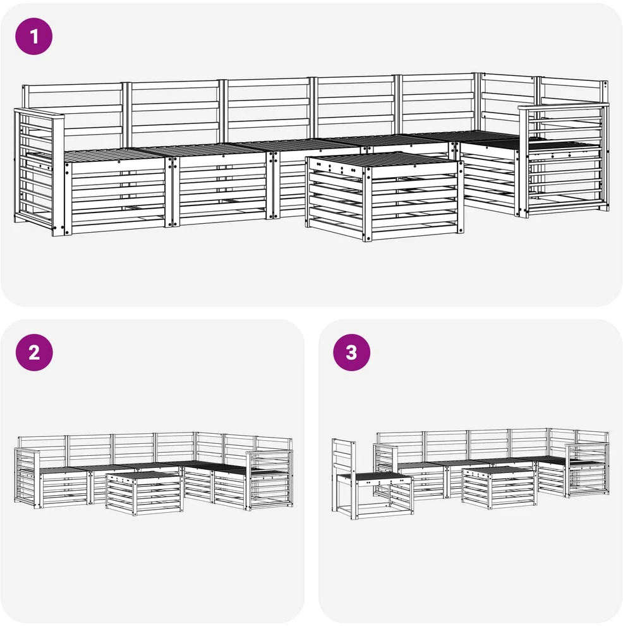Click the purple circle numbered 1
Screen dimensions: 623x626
(x=34, y=36)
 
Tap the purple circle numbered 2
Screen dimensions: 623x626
(x=34, y=353)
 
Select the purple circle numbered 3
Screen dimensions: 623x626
(x=351, y=353)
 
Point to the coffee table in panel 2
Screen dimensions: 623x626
(x=144, y=493)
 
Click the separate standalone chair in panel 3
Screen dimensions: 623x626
(x=372, y=479)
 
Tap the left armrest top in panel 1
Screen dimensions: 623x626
(x=39, y=114)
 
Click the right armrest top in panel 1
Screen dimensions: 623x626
(x=563, y=107)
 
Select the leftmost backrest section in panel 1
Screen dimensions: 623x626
(x=73, y=114)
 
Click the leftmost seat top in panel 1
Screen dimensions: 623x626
(x=115, y=155)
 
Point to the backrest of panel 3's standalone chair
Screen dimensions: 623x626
(x=343, y=457)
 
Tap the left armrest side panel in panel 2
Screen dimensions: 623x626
(x=27, y=477)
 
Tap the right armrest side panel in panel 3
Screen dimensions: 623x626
(x=587, y=470)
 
